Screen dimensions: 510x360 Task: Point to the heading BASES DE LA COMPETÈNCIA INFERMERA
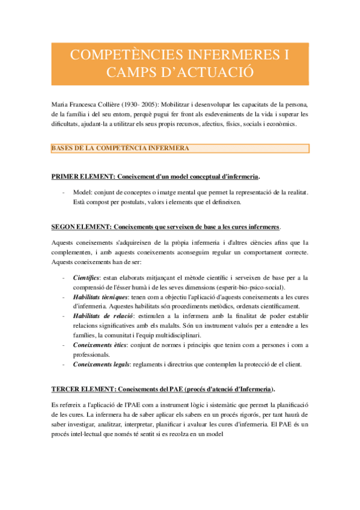(x=121, y=148)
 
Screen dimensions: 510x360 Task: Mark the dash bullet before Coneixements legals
(x=64, y=363)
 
